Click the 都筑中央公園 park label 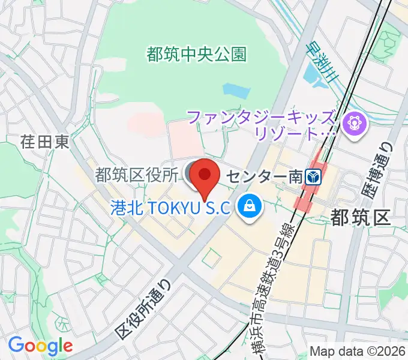coord(196,55)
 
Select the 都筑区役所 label coord(137,175)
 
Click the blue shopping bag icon coord(247,207)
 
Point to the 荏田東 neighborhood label coord(45,142)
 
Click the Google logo coord(40,346)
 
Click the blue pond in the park coord(235,91)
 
